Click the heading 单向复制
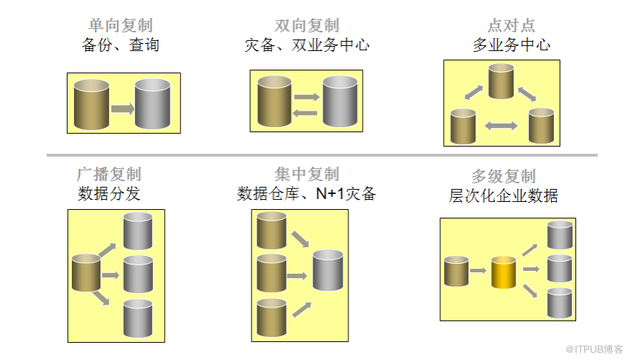(120, 27)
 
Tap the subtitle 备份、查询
(120, 45)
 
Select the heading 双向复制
(307, 27)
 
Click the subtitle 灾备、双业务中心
(307, 45)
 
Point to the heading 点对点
(511, 27)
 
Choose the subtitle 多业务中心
(511, 45)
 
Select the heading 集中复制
(307, 175)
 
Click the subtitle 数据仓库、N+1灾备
(307, 193)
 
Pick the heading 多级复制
(504, 177)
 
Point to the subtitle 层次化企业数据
(504, 195)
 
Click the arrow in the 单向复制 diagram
(122, 109)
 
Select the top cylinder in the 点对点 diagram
(502, 81)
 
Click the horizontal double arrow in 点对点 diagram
(501, 126)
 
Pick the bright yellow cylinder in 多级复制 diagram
(504, 272)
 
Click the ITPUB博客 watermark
(593, 349)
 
